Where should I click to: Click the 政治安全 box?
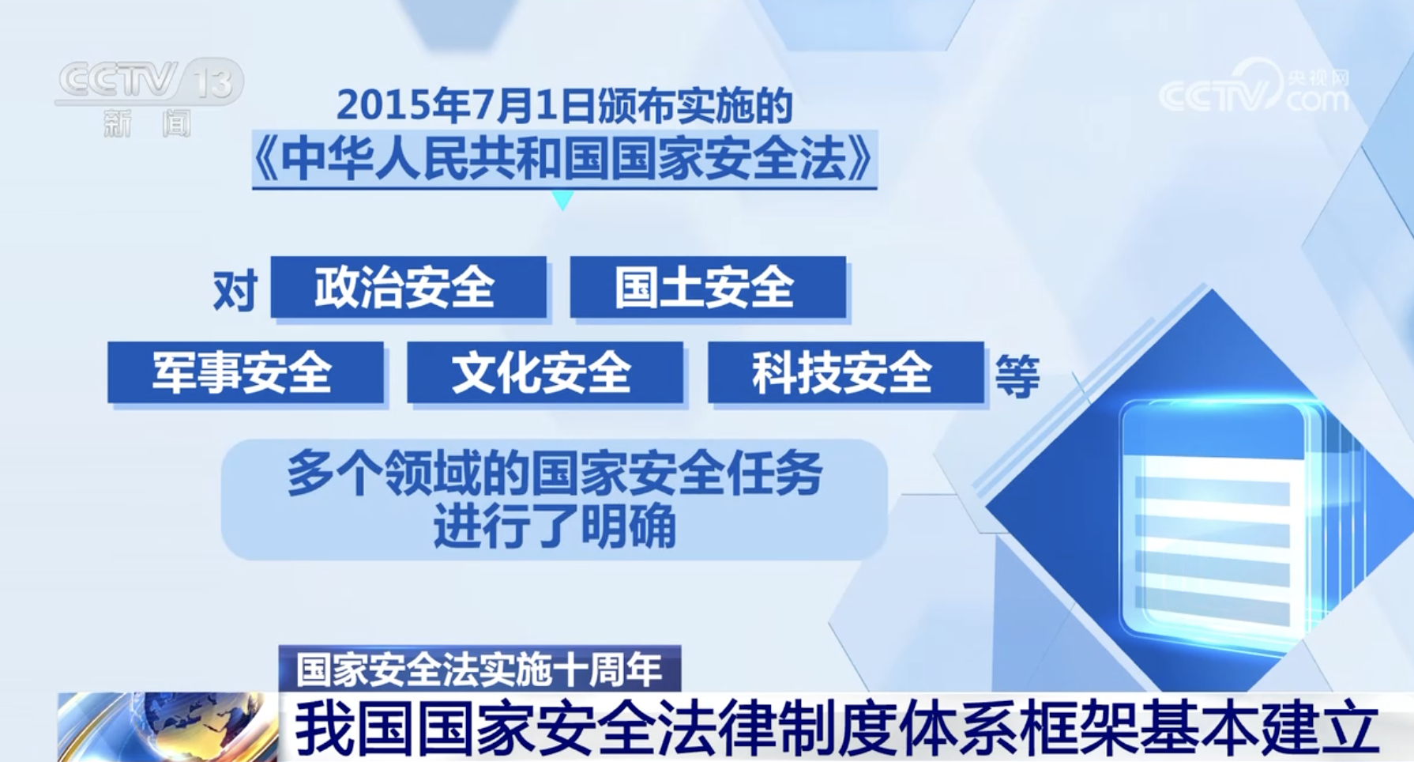[x=408, y=287]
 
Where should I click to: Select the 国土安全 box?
[x=708, y=287]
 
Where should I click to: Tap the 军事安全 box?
[x=246, y=372]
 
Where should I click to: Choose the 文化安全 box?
[x=545, y=372]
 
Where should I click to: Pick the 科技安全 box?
[x=845, y=372]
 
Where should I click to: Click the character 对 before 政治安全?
[x=235, y=291]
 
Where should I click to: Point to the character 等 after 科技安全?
[x=1017, y=375]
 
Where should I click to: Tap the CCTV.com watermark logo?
[x=1254, y=86]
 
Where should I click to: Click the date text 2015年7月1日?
[x=466, y=105]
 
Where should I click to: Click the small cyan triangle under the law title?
[x=562, y=200]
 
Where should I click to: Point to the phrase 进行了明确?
[x=555, y=526]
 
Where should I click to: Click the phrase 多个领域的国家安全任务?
[x=555, y=473]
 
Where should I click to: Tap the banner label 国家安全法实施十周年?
[x=479, y=670]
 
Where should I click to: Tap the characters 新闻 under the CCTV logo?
[x=148, y=123]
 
